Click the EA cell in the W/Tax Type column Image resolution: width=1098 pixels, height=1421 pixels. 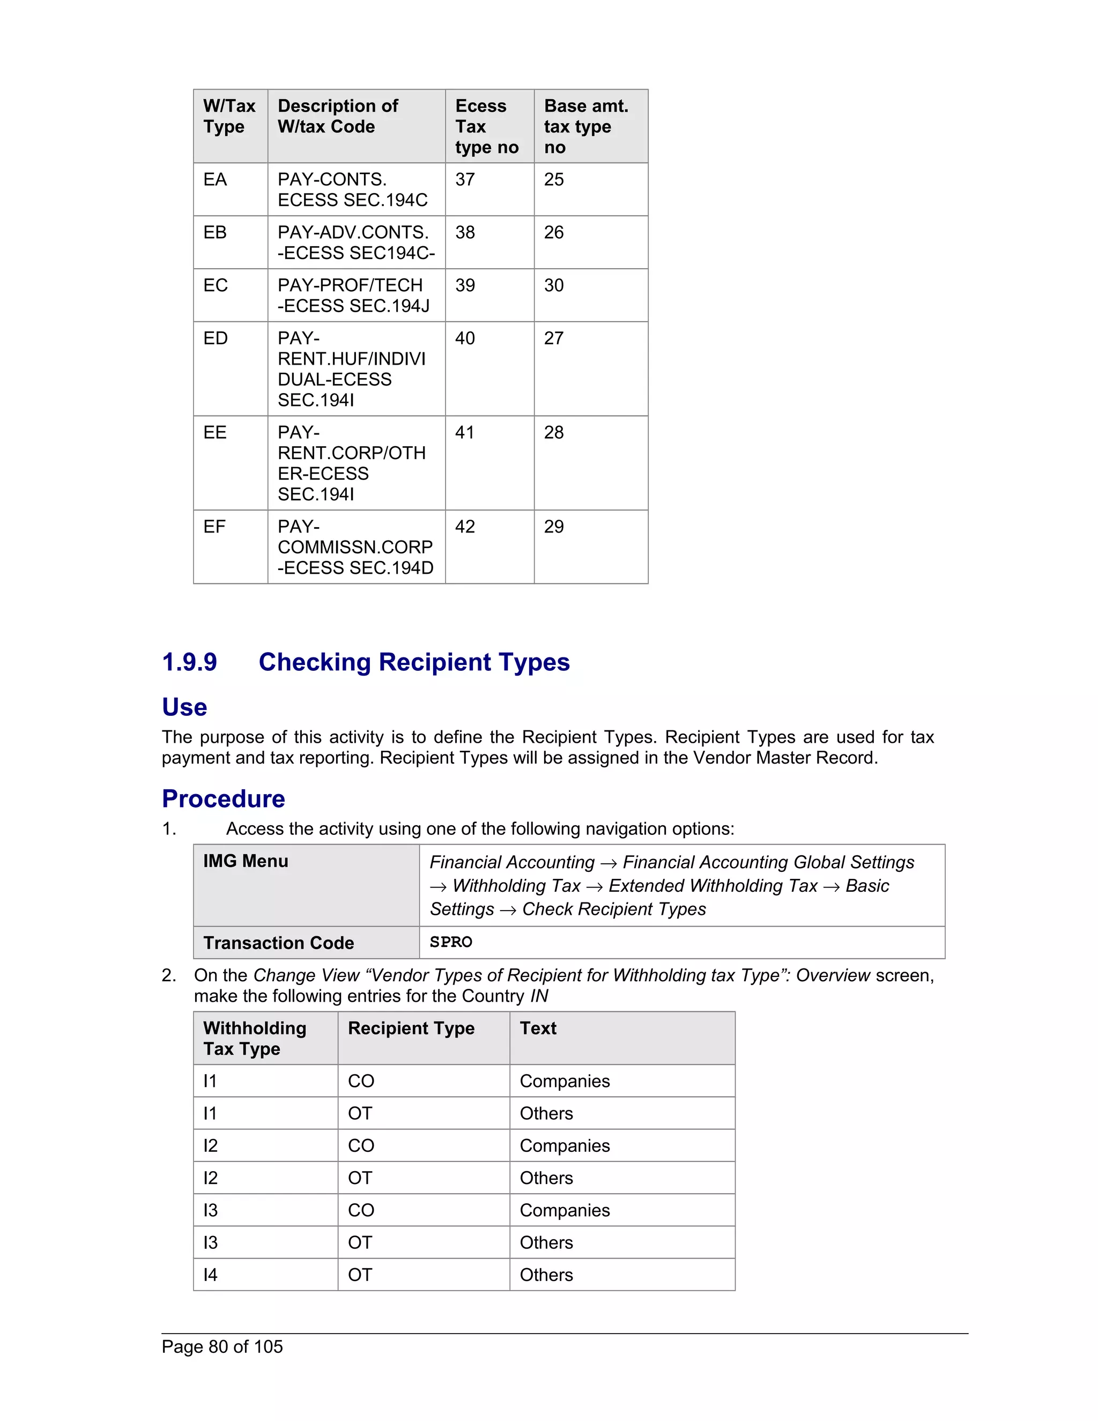coord(216,180)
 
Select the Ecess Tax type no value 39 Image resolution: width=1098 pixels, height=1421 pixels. coord(465,286)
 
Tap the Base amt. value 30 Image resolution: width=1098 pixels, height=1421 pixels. coord(553,286)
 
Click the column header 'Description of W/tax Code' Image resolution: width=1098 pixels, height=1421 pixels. coord(338,116)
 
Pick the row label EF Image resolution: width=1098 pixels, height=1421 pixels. coord(214,527)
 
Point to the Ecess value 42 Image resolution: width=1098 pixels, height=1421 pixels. coord(465,527)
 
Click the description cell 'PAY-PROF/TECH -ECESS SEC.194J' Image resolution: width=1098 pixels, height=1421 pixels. coord(353,295)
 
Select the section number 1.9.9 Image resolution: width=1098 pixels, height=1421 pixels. coord(189,662)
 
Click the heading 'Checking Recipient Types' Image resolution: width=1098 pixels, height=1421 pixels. coord(414,662)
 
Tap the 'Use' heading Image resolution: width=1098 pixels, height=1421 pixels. coord(185,707)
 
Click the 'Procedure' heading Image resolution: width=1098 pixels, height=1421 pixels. coord(223,799)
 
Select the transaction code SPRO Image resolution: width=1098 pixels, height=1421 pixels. coord(451,942)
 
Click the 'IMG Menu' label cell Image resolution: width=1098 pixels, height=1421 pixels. coord(246,862)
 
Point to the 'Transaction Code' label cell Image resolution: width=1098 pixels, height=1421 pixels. coord(278,943)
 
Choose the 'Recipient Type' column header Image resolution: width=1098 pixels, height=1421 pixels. coord(411,1028)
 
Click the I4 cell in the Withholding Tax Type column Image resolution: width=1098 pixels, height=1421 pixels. coord(210,1275)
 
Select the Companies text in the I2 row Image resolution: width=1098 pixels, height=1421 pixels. coord(565,1146)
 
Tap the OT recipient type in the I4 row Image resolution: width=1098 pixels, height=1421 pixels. coord(360,1275)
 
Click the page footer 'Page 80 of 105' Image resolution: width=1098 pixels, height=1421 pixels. coord(222,1347)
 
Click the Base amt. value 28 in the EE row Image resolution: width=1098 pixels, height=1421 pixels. coord(553,433)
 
